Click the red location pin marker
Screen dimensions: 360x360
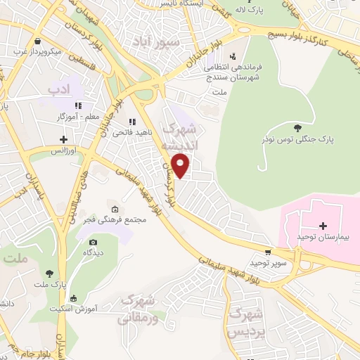click(181, 165)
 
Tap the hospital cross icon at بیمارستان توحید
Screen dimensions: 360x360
click(323, 226)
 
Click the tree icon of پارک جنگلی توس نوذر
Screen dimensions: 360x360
click(297, 127)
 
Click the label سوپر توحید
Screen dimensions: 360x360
click(266, 264)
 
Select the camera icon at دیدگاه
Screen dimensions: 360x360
click(93, 243)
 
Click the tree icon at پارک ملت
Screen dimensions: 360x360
click(49, 274)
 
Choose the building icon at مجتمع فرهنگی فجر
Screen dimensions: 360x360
click(115, 209)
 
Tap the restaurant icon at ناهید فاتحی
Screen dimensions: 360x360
click(131, 121)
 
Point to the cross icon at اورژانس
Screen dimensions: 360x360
click(64, 139)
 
